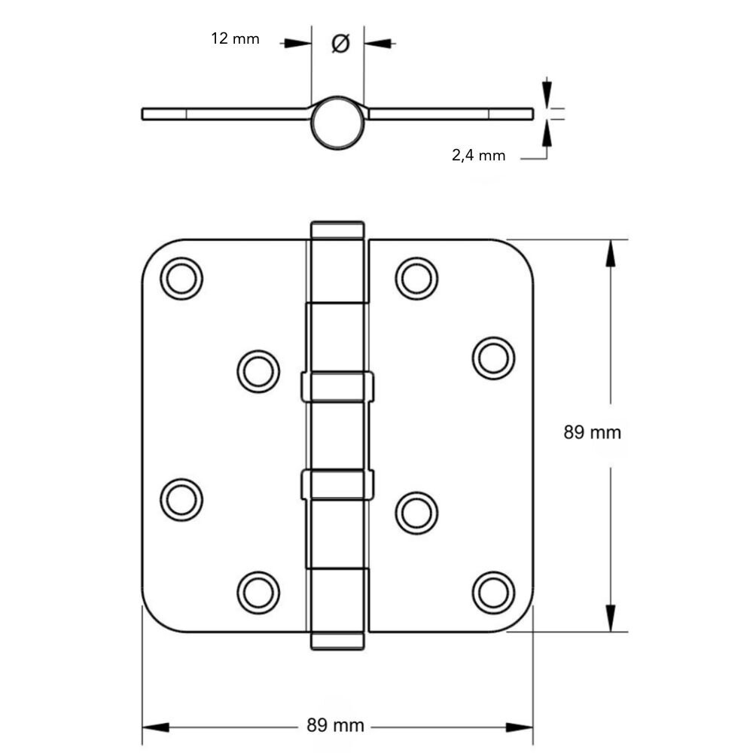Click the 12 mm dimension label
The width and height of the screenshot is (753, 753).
point(235,38)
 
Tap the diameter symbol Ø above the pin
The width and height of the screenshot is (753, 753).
point(340,44)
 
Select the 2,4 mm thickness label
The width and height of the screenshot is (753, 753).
point(478,156)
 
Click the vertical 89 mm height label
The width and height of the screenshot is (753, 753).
point(593,433)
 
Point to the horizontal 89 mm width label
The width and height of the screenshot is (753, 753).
point(336,726)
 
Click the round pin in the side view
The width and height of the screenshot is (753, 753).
point(338,122)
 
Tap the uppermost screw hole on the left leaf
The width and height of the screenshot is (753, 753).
point(181,279)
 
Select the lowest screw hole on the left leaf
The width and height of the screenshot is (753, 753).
point(258,592)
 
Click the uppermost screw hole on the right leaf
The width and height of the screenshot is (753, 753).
point(416,278)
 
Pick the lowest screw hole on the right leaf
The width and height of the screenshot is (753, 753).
point(494,592)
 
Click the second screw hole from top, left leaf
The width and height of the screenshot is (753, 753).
point(258,371)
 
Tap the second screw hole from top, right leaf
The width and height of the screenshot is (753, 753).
point(494,358)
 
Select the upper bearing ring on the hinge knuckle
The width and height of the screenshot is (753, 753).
point(337,386)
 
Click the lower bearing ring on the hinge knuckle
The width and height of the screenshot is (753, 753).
point(337,484)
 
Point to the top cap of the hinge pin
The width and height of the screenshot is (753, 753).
point(337,230)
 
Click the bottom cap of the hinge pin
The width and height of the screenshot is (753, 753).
point(337,641)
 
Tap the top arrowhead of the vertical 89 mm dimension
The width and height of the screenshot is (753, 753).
point(610,254)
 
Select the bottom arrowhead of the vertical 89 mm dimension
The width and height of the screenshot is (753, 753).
point(610,617)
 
